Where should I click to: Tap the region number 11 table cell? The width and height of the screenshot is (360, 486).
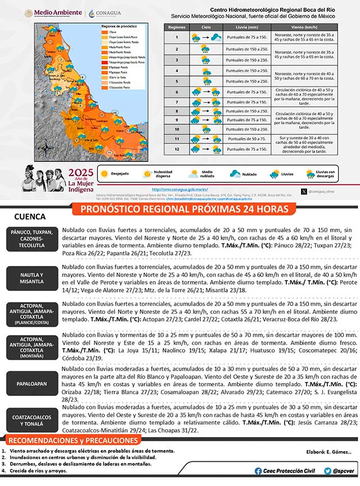pyautogui.click(x=177, y=138)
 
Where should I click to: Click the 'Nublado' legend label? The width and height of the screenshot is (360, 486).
pyautogui.click(x=250, y=174)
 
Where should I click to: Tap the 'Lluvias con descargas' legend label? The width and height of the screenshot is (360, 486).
pyautogui.click(x=325, y=174)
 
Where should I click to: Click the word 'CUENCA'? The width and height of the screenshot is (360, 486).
pyautogui.click(x=30, y=217)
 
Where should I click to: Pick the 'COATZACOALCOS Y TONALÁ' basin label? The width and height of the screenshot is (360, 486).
pyautogui.click(x=30, y=420)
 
